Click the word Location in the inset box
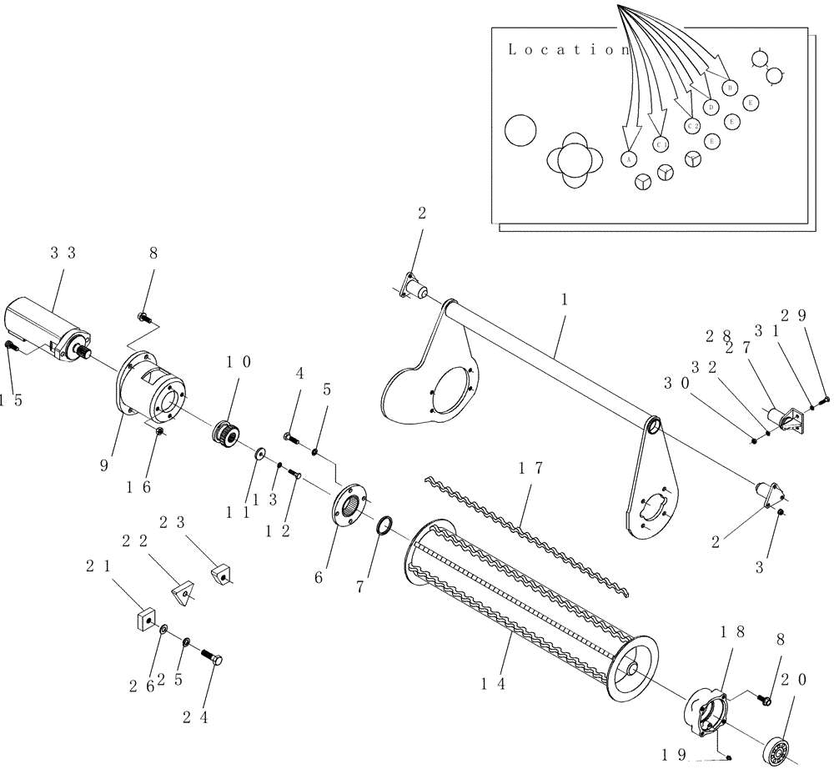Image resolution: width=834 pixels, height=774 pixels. point(568,49)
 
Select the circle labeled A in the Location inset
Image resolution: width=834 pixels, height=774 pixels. point(630,158)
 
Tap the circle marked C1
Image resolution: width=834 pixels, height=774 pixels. point(661,144)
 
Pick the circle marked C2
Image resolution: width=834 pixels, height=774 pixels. point(692,125)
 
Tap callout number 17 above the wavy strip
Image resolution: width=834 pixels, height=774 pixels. point(530,469)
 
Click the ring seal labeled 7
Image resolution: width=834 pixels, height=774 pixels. point(384,527)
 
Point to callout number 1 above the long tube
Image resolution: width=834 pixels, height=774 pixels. point(564,299)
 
